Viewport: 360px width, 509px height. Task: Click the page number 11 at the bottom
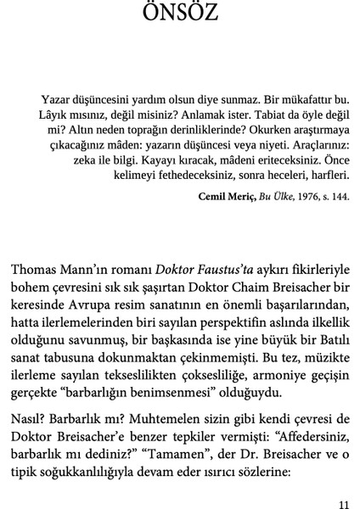[342, 500]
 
